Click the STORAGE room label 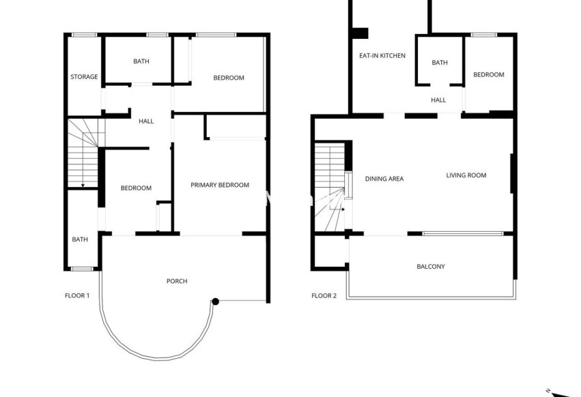(84, 77)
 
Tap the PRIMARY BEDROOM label (220, 185)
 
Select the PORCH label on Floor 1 (177, 281)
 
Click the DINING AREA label (384, 179)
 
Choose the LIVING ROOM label (466, 175)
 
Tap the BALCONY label (431, 267)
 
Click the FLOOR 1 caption (77, 295)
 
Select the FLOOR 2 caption (324, 295)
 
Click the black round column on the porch (215, 302)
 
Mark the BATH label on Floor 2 (440, 63)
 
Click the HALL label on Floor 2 (438, 100)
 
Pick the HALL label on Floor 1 (146, 121)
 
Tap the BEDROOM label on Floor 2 (489, 74)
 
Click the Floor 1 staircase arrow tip (83, 186)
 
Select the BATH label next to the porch (81, 239)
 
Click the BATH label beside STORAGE (141, 61)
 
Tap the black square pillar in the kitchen (360, 32)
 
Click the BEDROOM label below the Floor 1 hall (136, 188)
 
